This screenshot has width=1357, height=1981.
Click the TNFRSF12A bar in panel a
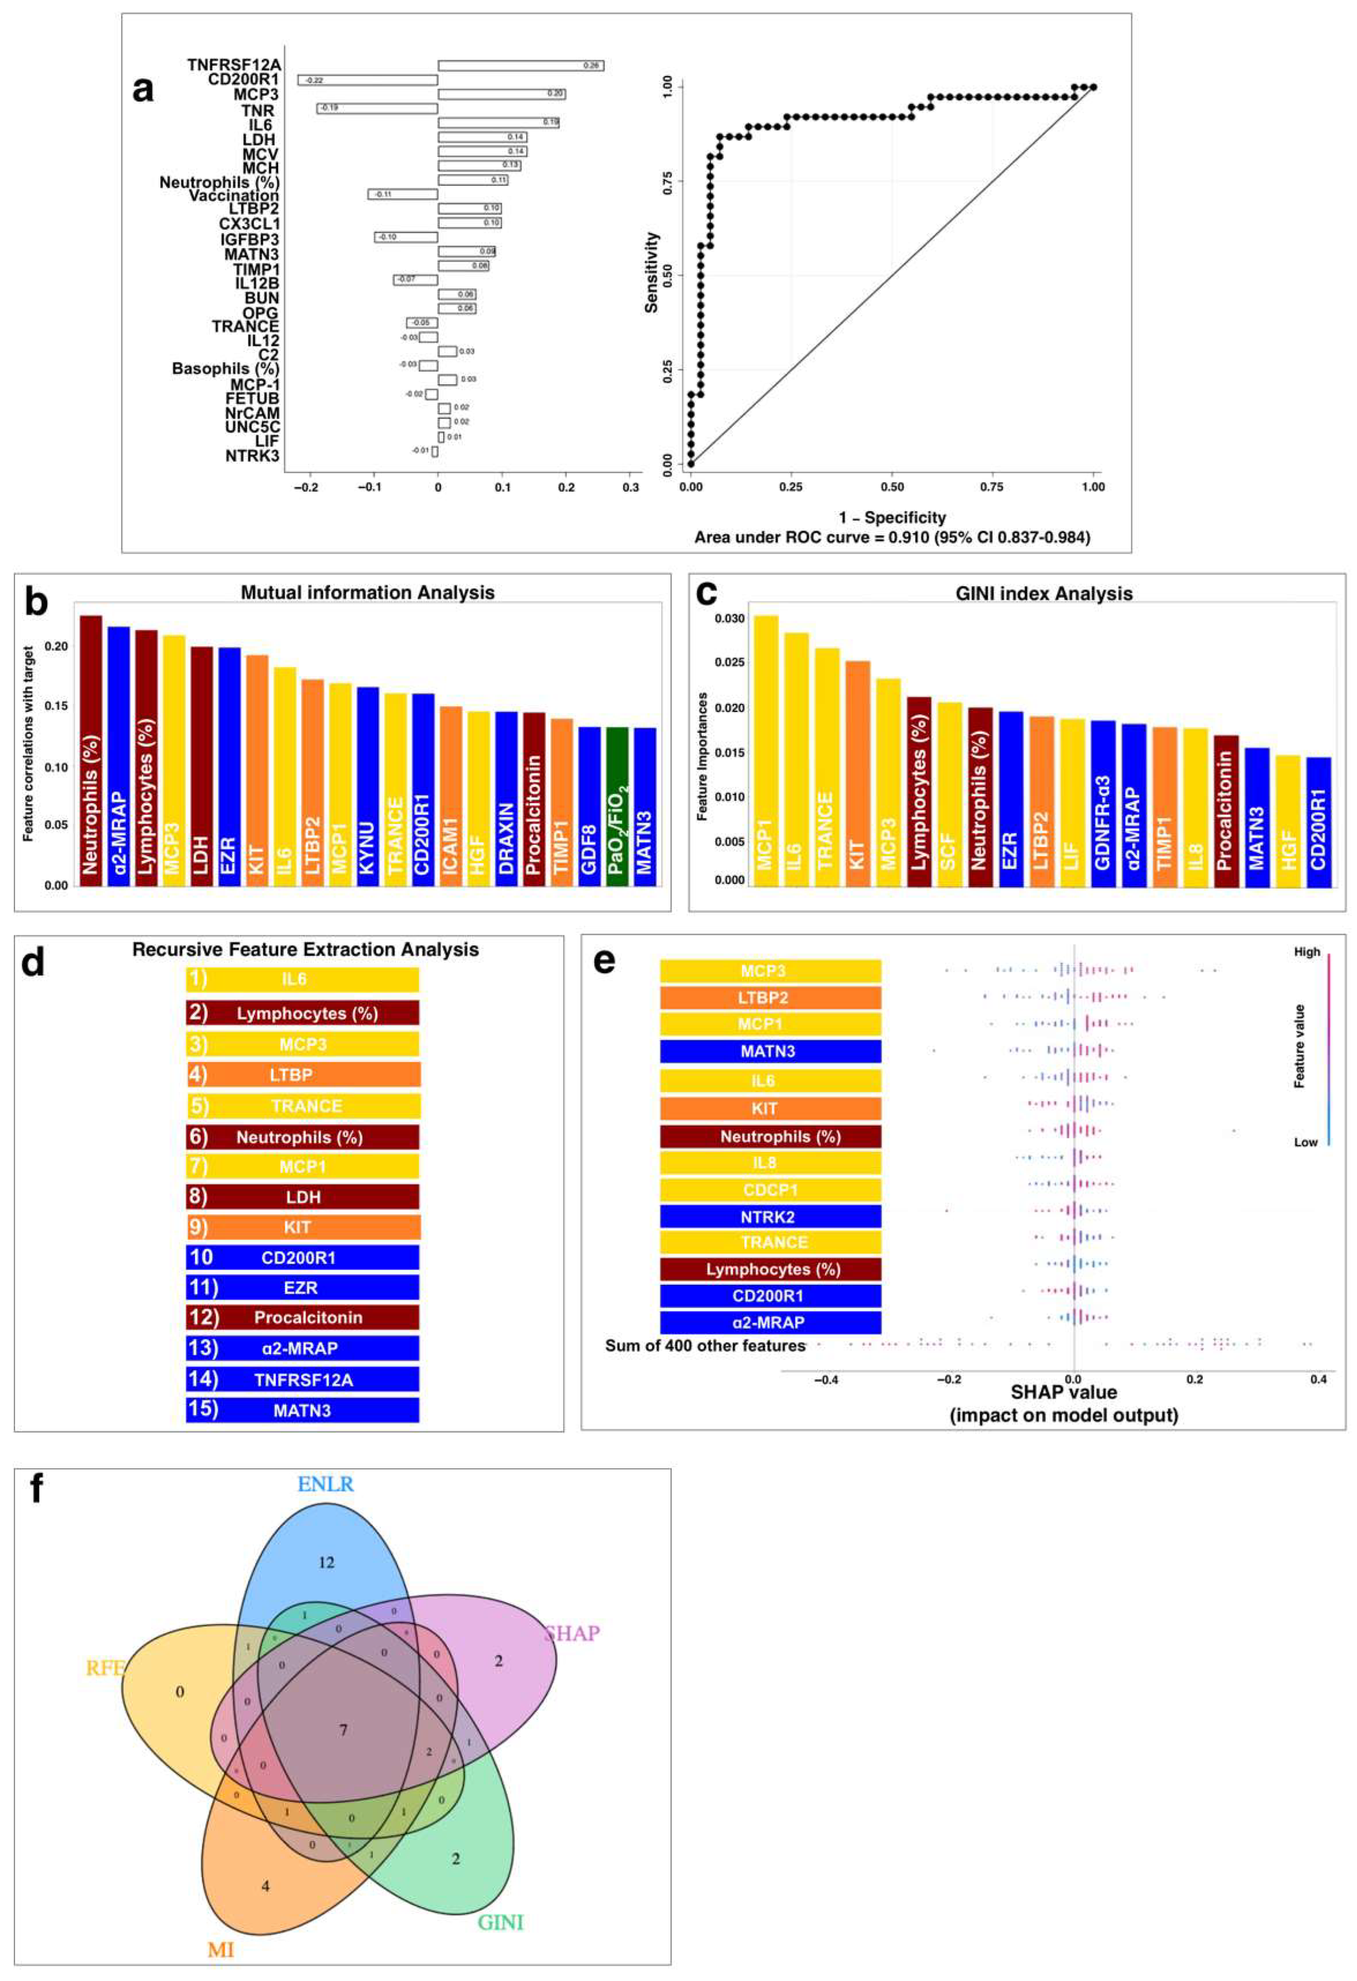(x=520, y=65)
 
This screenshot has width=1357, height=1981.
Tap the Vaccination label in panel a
(x=233, y=195)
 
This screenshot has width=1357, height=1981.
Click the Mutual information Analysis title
(x=367, y=592)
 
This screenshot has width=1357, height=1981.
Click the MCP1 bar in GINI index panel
(x=765, y=750)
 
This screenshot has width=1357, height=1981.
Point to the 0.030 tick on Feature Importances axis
(x=729, y=619)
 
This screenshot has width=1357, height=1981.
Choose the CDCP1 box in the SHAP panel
(x=770, y=1190)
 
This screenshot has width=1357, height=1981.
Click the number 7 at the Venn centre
(x=344, y=1730)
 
